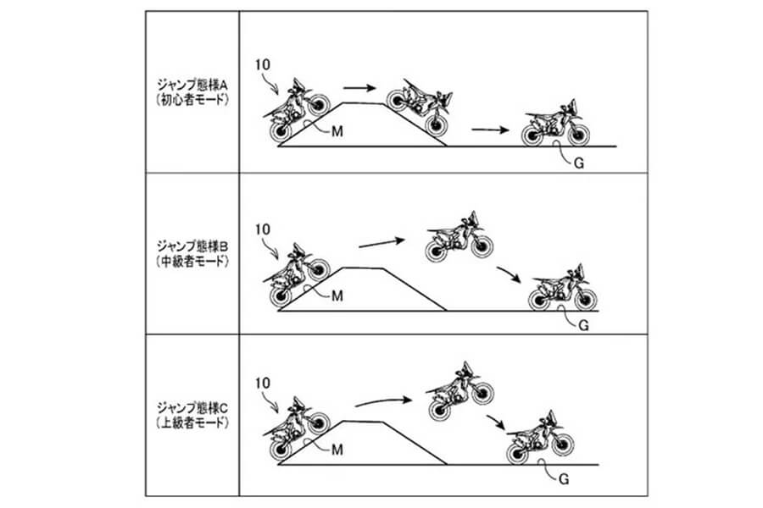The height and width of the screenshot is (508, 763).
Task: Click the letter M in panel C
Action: (x=337, y=447)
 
